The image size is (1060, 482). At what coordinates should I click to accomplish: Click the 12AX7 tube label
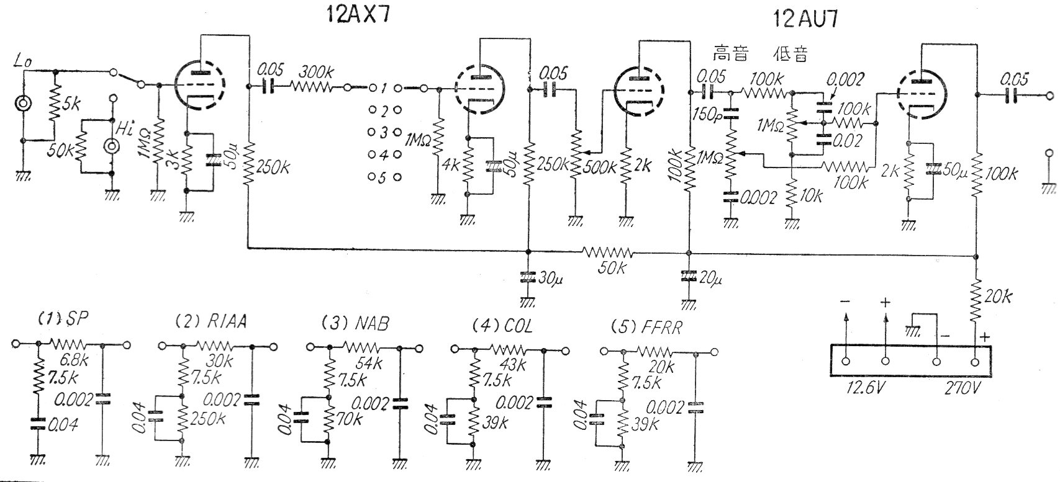358,15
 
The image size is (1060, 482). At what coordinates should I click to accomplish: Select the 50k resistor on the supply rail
607,252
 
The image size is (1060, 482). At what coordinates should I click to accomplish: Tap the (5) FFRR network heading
646,326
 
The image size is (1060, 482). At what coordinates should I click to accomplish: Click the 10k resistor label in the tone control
811,196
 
